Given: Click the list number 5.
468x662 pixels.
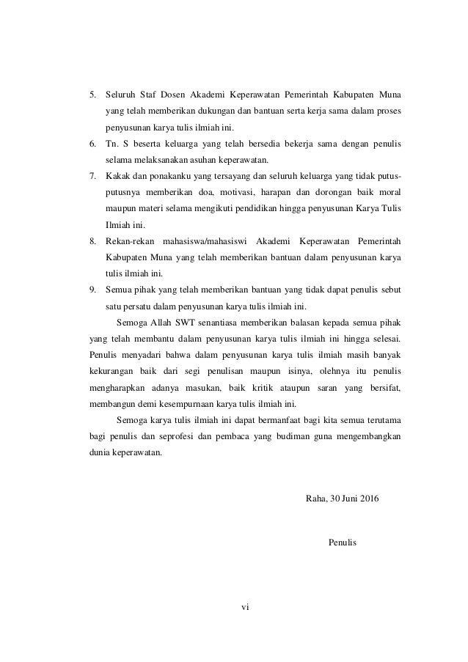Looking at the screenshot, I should pyautogui.click(x=92, y=95).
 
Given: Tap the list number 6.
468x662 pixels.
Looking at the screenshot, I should pyautogui.click(x=92, y=144).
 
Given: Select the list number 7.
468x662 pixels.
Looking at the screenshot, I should pyautogui.click(x=92, y=176).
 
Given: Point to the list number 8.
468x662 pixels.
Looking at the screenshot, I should pyautogui.click(x=92, y=240).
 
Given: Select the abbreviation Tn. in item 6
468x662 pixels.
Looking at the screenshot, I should pyautogui.click(x=113, y=144).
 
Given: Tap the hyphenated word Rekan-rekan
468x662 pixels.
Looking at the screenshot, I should pyautogui.click(x=129, y=240).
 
